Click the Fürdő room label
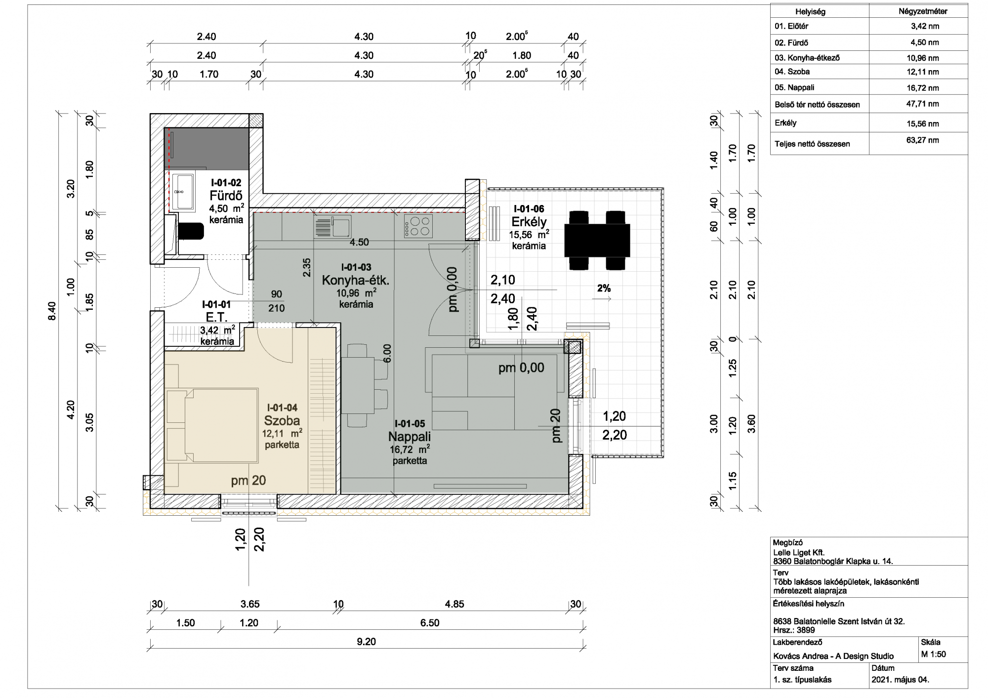tap(226, 196)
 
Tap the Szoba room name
tap(282, 420)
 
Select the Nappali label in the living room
tap(410, 437)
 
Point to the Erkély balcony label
tap(529, 222)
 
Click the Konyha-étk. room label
tap(356, 281)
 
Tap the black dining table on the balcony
tap(598, 240)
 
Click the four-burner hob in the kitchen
tap(418, 226)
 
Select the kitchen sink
tap(332, 227)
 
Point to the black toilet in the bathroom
tap(190, 231)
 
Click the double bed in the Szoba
tap(212, 426)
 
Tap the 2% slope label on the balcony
tap(604, 288)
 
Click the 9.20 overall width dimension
tap(366, 642)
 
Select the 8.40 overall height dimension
tap(52, 311)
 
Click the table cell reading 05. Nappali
tap(794, 87)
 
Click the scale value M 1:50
tap(934, 655)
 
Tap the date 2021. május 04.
tap(901, 680)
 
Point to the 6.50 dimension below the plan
tap(430, 623)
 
